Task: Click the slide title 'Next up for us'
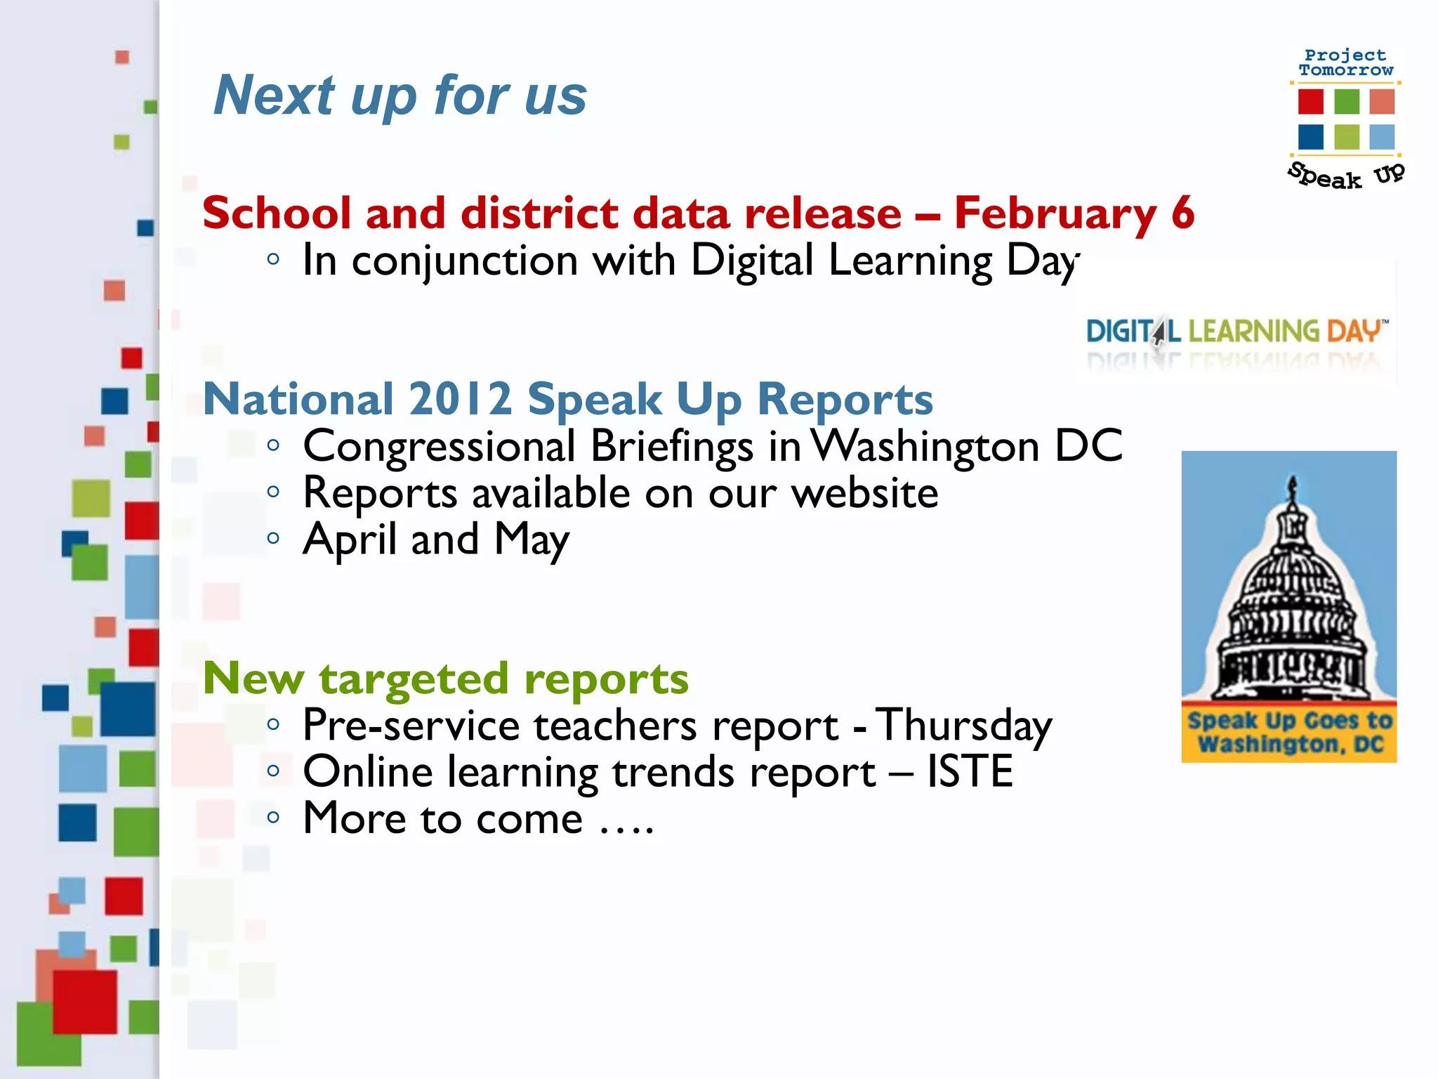[400, 96]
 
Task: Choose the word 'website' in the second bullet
[864, 493]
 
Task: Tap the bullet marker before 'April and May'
[273, 539]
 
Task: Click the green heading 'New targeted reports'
[446, 679]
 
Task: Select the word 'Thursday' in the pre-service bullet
[964, 726]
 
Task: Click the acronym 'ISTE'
[970, 772]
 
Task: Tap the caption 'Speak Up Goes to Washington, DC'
[1289, 732]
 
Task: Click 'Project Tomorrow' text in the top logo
[1345, 63]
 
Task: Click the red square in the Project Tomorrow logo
[1310, 102]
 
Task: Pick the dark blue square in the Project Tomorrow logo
[1310, 137]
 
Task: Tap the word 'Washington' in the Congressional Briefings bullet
[925, 447]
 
